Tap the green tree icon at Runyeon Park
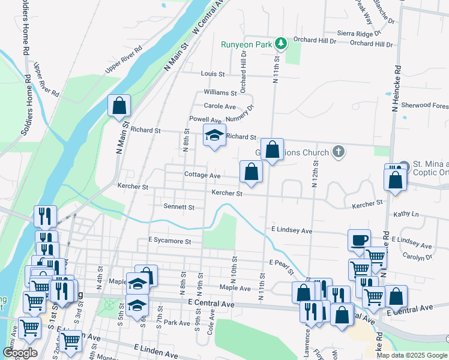[280, 43]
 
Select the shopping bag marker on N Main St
[119, 106]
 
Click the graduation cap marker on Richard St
[214, 136]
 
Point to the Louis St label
[212, 74]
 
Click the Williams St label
[220, 92]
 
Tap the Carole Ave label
[221, 106]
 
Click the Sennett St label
[179, 206]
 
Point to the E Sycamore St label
[169, 241]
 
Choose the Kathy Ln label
[406, 214]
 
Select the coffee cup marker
[359, 241]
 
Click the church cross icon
[339, 151]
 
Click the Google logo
[20, 353]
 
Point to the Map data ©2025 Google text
[412, 355]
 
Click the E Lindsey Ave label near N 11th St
[292, 230]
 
